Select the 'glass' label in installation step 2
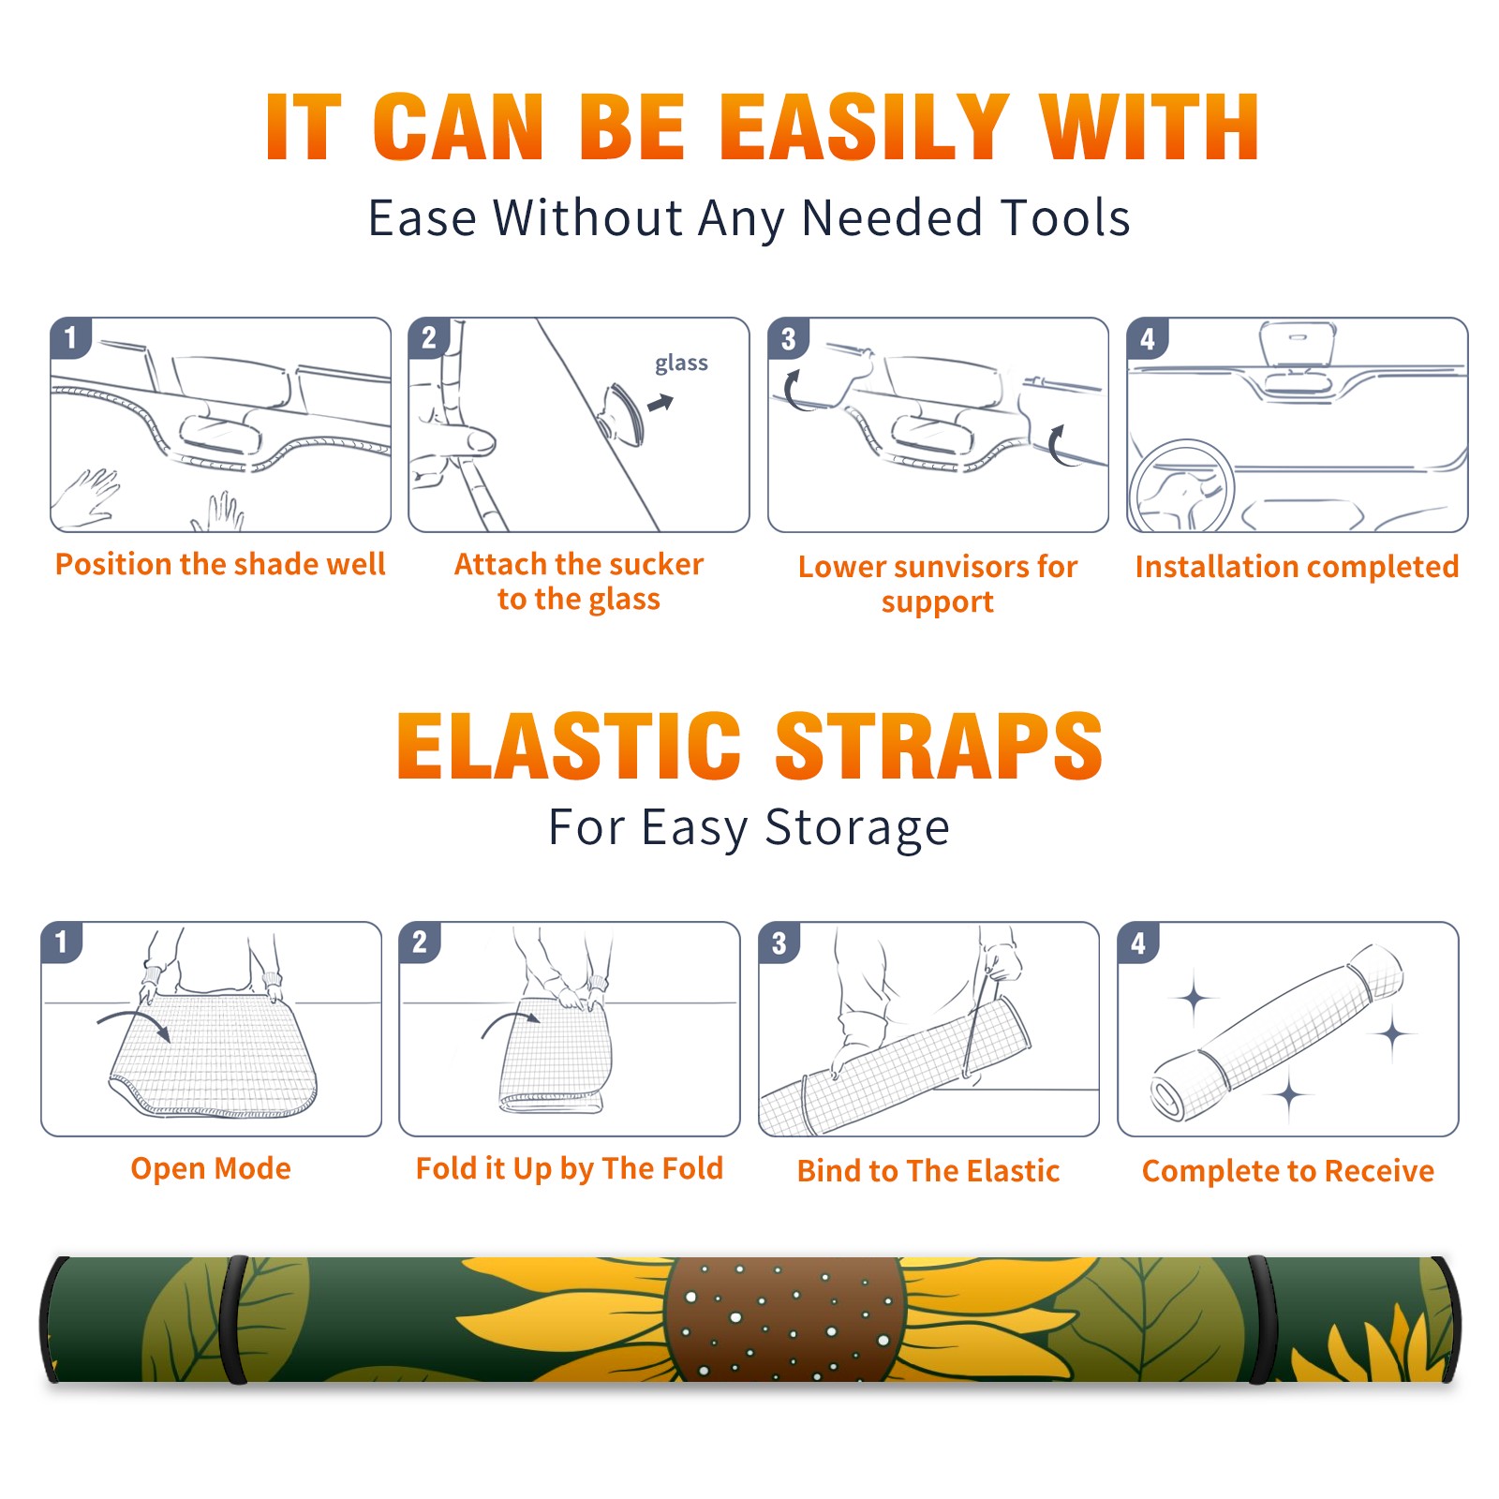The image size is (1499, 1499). click(x=681, y=364)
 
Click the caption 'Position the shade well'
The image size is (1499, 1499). click(x=220, y=564)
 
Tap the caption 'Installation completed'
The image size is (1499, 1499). click(x=1297, y=567)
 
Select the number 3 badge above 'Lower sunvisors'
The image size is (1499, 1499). click(x=788, y=338)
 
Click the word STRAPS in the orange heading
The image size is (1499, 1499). click(x=939, y=746)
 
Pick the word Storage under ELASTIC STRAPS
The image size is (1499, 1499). click(x=857, y=828)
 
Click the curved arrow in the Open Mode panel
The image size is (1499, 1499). click(x=134, y=1023)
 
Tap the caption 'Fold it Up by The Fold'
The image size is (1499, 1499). click(x=570, y=1169)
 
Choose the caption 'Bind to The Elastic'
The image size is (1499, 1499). click(x=928, y=1171)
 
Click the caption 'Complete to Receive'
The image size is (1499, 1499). click(x=1288, y=1171)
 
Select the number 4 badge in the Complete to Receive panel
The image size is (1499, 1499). click(x=1138, y=942)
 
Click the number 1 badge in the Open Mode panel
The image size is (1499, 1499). click(x=62, y=942)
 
